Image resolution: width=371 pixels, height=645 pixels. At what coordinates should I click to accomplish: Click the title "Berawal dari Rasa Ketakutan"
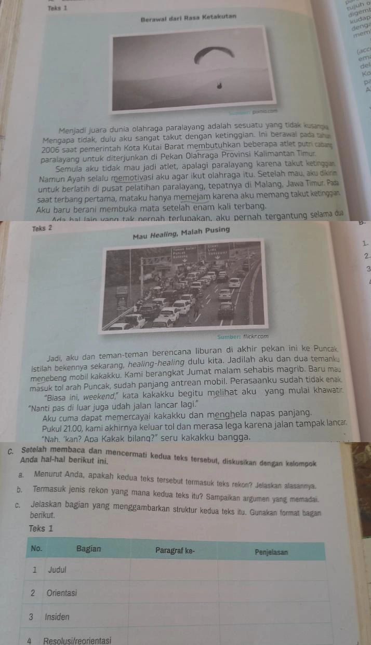point(188,17)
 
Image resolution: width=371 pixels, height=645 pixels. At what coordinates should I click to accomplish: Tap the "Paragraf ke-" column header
point(176,550)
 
